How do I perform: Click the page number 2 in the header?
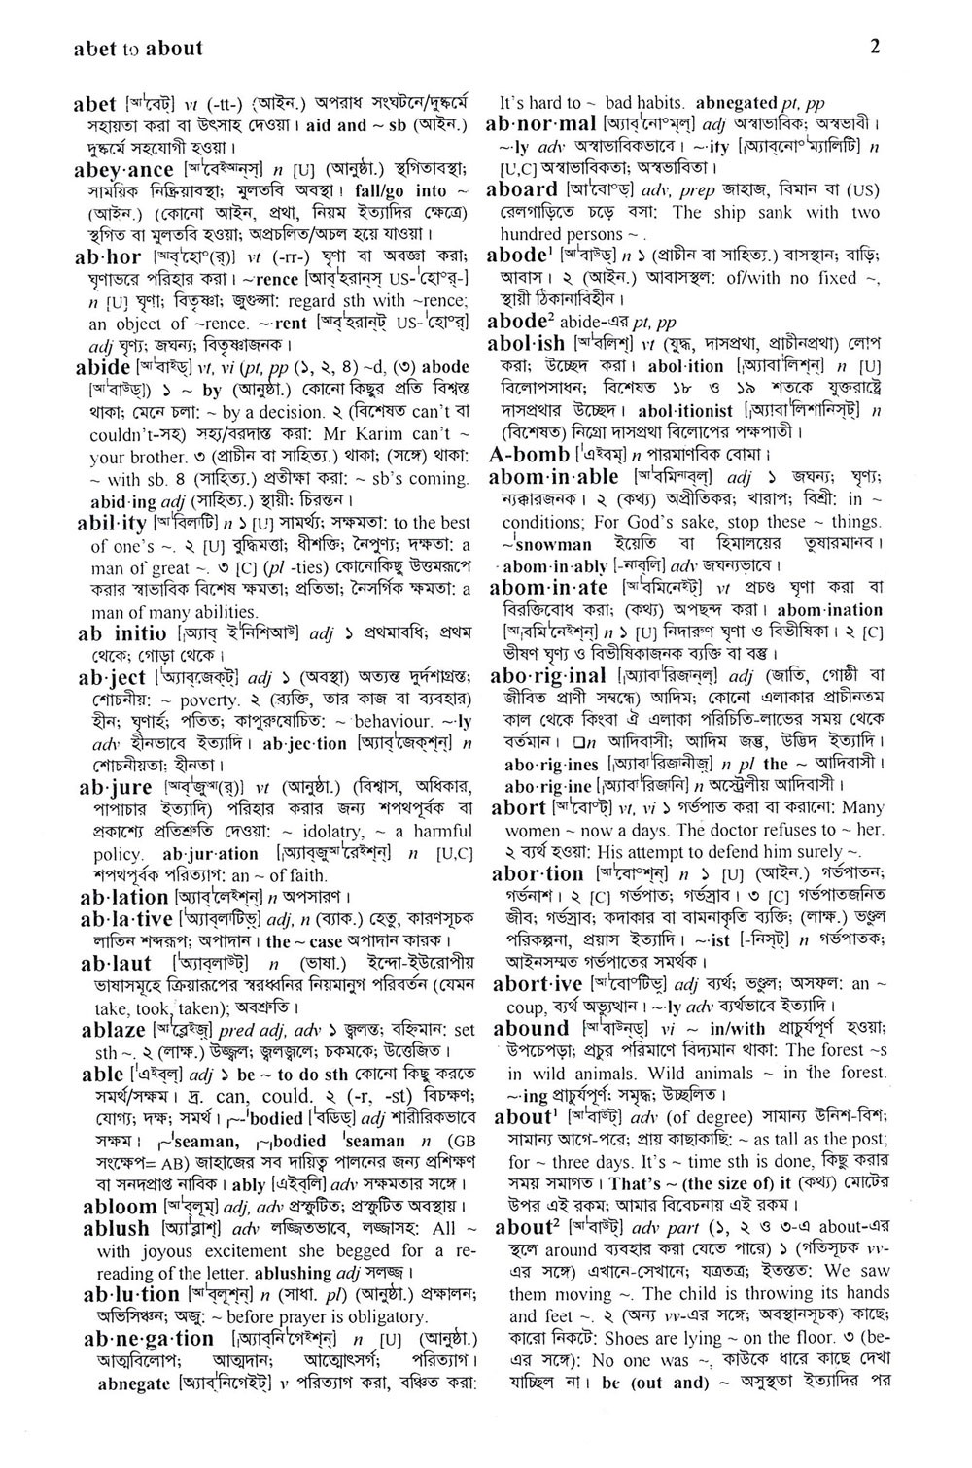(x=876, y=47)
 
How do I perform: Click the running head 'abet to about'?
(x=137, y=49)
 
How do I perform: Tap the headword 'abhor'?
(x=107, y=257)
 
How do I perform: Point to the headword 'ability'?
(x=111, y=523)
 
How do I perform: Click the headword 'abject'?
(x=112, y=678)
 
